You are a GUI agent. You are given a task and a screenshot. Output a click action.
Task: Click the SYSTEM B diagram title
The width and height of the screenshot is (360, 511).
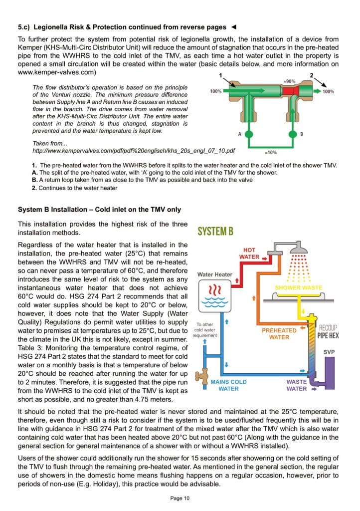[x=215, y=231]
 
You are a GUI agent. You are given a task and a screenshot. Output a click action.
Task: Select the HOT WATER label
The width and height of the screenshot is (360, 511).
[x=249, y=253]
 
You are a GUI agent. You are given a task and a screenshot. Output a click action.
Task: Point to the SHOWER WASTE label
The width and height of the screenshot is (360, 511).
[x=299, y=287]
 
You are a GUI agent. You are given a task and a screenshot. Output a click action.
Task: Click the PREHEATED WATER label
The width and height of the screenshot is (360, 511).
[x=279, y=334]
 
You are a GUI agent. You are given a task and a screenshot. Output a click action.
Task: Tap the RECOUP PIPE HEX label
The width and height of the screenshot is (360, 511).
[x=328, y=332]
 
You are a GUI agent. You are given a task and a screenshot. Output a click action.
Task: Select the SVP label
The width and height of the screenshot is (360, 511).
[x=329, y=352]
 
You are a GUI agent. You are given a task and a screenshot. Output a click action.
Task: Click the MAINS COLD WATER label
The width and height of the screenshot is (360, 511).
[x=228, y=385]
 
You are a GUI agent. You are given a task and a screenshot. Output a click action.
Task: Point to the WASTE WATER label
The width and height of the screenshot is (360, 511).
[x=297, y=385]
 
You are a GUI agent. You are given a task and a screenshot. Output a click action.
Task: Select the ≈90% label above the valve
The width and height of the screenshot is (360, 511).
[x=289, y=81]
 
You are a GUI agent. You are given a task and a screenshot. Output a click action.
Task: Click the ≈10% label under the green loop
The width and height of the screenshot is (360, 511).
[x=270, y=152]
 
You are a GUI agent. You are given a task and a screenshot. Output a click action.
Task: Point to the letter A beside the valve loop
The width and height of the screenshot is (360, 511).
[x=239, y=134]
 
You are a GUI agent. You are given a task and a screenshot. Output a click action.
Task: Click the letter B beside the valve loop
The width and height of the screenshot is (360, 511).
[x=302, y=134]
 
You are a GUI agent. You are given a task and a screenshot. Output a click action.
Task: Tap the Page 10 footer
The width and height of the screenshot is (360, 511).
[x=180, y=498]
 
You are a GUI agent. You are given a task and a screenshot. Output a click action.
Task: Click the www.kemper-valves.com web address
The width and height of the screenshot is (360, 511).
[x=57, y=72]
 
